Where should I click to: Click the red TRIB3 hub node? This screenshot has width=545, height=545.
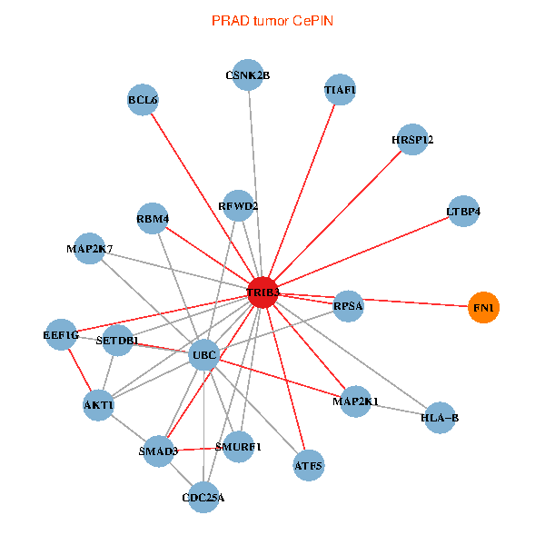(263, 292)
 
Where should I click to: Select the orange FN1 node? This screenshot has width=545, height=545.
(483, 309)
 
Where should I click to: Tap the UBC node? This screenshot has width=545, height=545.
(203, 355)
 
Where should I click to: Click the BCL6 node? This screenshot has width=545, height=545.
(144, 100)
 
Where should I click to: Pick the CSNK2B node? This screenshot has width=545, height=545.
(248, 75)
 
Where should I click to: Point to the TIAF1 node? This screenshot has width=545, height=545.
(341, 90)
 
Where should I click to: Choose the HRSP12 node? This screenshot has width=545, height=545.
(412, 140)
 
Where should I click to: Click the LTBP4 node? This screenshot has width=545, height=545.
(463, 212)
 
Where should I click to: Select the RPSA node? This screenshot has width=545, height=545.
(348, 306)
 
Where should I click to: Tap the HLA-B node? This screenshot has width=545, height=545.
(440, 418)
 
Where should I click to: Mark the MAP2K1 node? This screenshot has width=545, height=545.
(355, 401)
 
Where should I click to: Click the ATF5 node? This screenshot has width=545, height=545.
(308, 466)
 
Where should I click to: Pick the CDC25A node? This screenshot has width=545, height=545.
(203, 497)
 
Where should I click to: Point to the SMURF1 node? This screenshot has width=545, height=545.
(238, 447)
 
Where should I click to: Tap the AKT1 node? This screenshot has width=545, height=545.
(98, 404)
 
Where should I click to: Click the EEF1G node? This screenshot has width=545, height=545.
(61, 335)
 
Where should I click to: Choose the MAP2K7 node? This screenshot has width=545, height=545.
(88, 249)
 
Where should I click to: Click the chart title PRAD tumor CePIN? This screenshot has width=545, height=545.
(272, 20)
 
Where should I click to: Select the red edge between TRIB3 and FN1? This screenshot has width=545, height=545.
(381, 302)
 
